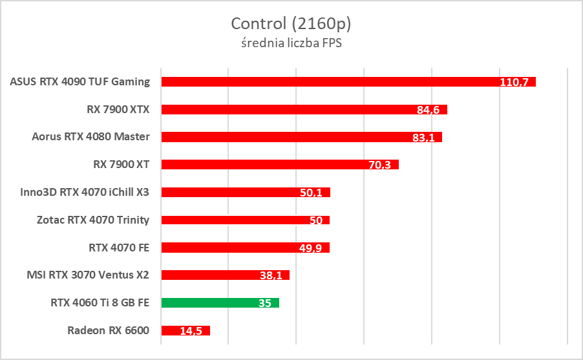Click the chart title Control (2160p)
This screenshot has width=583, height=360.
(291, 24)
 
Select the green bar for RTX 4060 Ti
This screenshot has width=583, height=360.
(220, 302)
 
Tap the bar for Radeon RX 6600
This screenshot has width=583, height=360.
(185, 330)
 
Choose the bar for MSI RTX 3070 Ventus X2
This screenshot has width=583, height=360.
(225, 275)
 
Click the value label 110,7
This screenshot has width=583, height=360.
(514, 82)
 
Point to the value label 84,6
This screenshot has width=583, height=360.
(428, 110)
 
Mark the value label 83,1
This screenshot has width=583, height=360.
(423, 138)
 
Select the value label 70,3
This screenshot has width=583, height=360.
(380, 165)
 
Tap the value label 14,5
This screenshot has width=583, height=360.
(191, 331)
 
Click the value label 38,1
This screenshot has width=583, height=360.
(271, 275)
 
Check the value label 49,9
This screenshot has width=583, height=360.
(311, 248)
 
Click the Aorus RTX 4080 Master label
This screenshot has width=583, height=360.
(90, 136)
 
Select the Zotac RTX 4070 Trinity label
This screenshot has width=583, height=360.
(93, 220)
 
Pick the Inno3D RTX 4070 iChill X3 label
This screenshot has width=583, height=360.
(85, 192)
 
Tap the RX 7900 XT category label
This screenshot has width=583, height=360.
(121, 164)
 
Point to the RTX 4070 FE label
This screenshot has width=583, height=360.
(119, 247)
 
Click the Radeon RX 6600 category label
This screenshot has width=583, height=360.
(108, 330)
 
